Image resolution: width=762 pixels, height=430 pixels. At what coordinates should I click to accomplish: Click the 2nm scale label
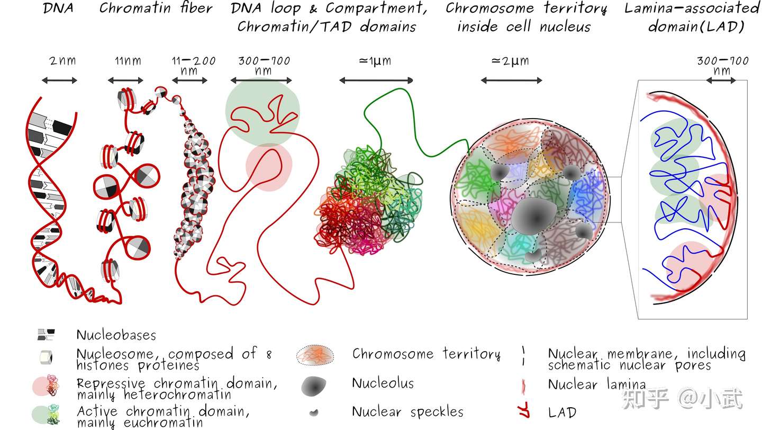tap(62, 61)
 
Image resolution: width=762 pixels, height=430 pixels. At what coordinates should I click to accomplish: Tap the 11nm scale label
tap(128, 61)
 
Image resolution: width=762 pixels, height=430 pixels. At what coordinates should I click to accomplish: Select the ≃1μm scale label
tap(375, 61)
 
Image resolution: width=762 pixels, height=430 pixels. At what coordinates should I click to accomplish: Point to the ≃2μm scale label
tap(510, 61)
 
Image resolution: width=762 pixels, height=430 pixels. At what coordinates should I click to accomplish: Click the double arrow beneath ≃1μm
tap(376, 80)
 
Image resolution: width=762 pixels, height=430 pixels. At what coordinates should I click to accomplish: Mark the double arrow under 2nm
tap(59, 80)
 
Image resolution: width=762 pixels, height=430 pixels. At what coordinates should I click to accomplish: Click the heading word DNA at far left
tap(58, 8)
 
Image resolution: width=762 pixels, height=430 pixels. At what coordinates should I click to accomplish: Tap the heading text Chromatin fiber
tap(156, 8)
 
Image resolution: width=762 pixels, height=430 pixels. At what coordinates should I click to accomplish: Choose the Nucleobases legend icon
tap(46, 334)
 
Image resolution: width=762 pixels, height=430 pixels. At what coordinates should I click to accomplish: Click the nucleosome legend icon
tap(46, 357)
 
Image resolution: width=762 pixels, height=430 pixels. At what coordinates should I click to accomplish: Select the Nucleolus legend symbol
tap(314, 386)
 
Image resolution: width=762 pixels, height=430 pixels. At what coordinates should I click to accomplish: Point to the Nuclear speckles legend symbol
tap(314, 413)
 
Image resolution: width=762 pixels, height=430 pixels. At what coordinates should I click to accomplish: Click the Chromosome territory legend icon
tap(315, 355)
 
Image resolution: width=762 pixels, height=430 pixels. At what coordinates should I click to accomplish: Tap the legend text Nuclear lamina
tap(597, 384)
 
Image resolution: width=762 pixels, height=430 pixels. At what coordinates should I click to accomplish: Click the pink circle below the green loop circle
tap(269, 167)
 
